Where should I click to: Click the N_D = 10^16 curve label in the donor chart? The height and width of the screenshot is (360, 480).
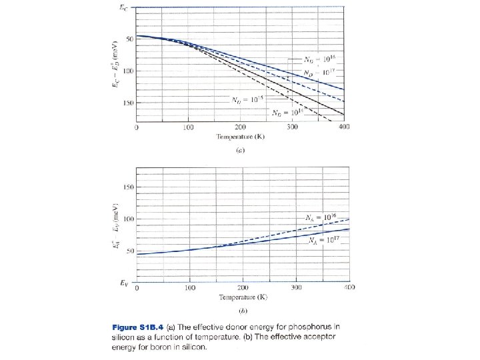pyautogui.click(x=319, y=58)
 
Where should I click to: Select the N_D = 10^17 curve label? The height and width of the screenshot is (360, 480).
pyautogui.click(x=319, y=71)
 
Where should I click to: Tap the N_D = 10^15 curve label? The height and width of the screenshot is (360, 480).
pyautogui.click(x=247, y=100)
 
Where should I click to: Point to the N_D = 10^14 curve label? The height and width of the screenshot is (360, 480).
pyautogui.click(x=287, y=113)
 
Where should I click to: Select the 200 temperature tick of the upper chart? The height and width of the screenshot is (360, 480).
pyautogui.click(x=240, y=127)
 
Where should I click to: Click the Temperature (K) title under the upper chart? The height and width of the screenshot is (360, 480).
pyautogui.click(x=241, y=137)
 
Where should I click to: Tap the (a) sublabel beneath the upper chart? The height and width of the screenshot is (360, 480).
pyautogui.click(x=241, y=151)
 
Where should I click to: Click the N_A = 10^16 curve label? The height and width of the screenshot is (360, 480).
pyautogui.click(x=319, y=217)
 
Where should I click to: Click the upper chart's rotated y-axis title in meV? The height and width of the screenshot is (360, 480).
pyautogui.click(x=115, y=65)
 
